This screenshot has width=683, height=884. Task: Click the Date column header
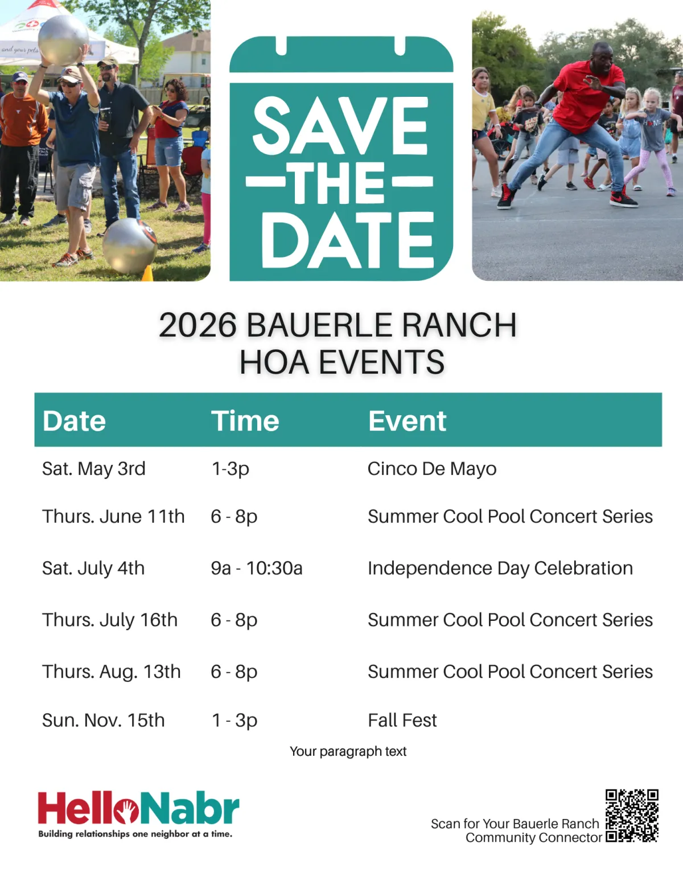[x=74, y=421]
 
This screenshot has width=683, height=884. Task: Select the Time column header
[x=245, y=421]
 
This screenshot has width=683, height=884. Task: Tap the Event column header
[x=407, y=421]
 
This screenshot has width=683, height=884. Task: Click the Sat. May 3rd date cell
[x=94, y=469]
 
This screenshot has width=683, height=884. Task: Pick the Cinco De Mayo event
[x=432, y=469]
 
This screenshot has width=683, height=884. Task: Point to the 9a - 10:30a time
[x=257, y=568]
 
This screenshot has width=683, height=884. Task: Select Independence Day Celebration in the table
[x=500, y=568]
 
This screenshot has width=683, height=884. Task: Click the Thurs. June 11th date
[x=113, y=517]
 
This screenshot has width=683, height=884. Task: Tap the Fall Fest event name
[x=402, y=721]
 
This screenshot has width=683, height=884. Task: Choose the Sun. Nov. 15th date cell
[x=103, y=721]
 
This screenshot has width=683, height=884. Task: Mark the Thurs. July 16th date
[x=110, y=620]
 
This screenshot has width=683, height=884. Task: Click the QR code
[x=632, y=816]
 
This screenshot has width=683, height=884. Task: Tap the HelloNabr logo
[x=138, y=814]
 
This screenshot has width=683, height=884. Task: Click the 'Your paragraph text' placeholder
[x=348, y=751]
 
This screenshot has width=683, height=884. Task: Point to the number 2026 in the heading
[x=198, y=325]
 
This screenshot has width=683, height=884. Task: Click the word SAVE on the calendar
[x=340, y=125]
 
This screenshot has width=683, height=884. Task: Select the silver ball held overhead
[x=63, y=39]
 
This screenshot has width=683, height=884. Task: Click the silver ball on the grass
[x=130, y=245]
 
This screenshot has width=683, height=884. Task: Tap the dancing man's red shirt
[x=588, y=97]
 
